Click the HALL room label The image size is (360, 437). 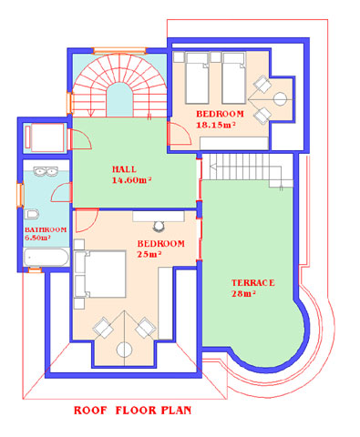(x=124, y=169)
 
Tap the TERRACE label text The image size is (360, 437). (x=253, y=283)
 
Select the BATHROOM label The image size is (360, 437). (x=46, y=229)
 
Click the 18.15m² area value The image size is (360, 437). (x=216, y=125)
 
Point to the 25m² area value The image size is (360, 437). (x=149, y=254)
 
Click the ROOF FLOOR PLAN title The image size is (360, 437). (x=133, y=411)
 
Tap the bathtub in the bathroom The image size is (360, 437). (x=46, y=258)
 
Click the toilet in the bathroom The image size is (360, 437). (x=32, y=214)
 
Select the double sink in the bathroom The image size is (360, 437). (x=46, y=171)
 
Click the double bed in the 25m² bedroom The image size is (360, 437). (x=100, y=274)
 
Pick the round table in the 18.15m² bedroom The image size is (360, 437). (x=280, y=99)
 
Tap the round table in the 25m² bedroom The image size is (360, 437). (x=125, y=350)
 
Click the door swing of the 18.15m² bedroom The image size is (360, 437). (x=180, y=133)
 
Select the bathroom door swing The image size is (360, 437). (x=61, y=193)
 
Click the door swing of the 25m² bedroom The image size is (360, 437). (x=87, y=220)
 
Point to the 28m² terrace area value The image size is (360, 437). (x=243, y=294)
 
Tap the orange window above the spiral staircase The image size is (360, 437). (x=119, y=50)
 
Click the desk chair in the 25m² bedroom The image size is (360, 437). (x=158, y=226)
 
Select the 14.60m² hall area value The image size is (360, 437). (x=132, y=180)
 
